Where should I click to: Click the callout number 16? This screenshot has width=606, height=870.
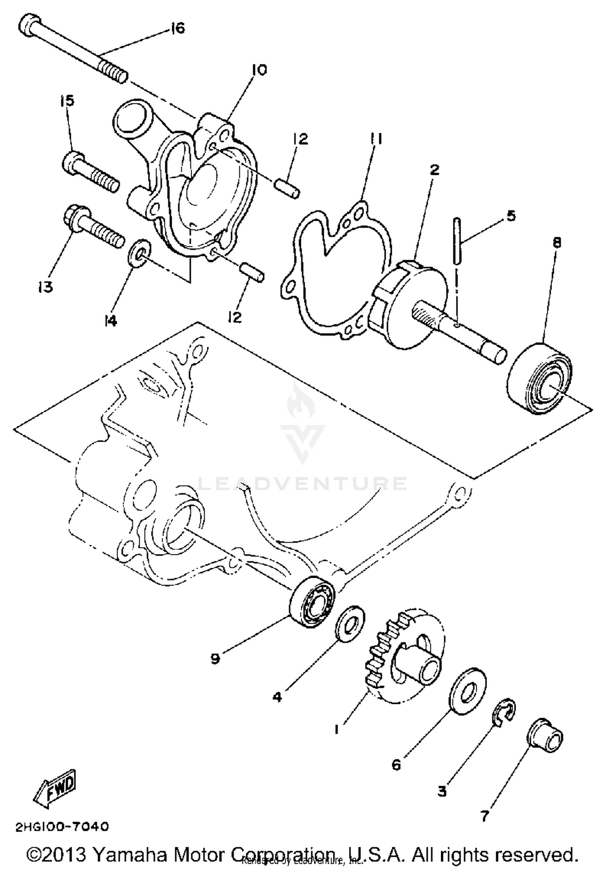[x=177, y=28]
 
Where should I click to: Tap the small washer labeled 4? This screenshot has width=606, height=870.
[x=350, y=623]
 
